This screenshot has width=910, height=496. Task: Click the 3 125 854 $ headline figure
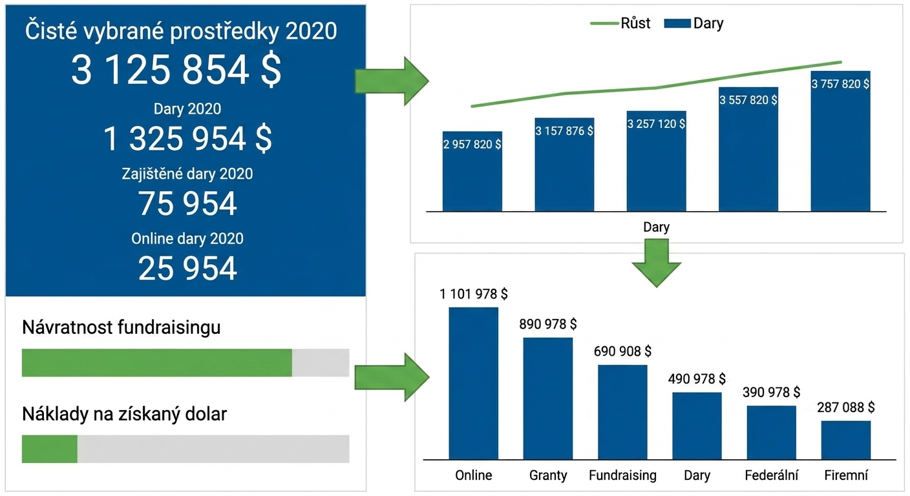(176, 70)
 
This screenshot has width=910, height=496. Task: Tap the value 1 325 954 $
(187, 139)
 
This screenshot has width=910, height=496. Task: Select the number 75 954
(187, 203)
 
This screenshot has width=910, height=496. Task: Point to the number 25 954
(187, 268)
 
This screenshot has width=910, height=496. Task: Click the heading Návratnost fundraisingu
(121, 327)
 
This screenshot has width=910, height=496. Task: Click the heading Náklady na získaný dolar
(124, 414)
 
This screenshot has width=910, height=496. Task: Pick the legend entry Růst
(635, 23)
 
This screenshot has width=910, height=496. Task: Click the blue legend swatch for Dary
(677, 23)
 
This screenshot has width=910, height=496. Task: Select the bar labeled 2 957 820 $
(472, 171)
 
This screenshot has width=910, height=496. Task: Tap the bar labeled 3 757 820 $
(840, 141)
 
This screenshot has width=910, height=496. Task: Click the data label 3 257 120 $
(656, 123)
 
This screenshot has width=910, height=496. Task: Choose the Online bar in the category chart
(473, 383)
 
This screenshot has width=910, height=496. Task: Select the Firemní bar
(846, 440)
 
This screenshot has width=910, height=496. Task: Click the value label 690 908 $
(622, 351)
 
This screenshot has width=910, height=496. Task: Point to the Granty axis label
(547, 475)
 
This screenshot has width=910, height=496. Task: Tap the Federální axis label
(771, 475)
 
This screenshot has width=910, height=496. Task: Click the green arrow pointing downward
(656, 263)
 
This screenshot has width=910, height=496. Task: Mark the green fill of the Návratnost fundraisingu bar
(157, 362)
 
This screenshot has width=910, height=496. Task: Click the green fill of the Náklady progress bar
(50, 449)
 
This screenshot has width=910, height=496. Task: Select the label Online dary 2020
(187, 239)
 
